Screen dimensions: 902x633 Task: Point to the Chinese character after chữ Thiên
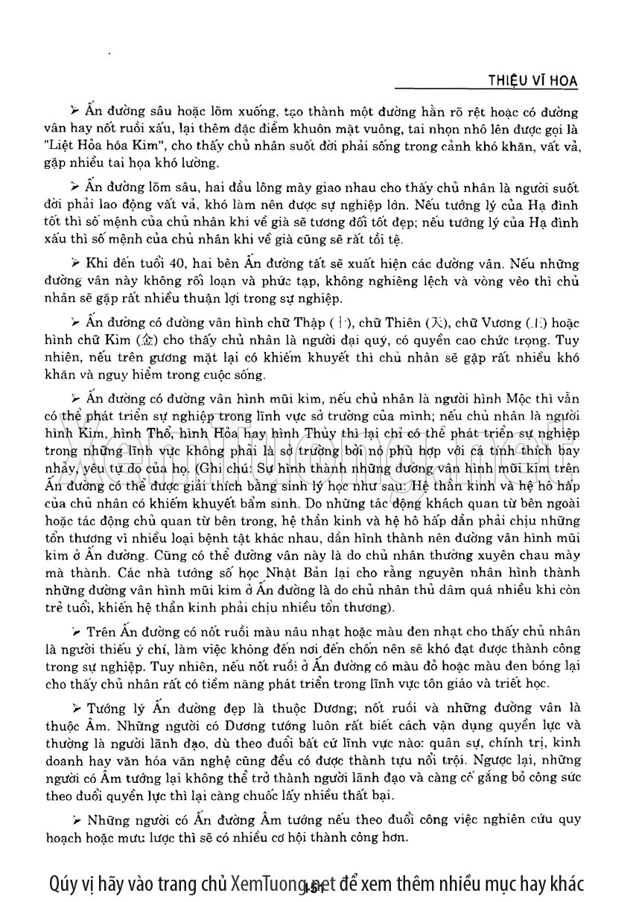coord(434,323)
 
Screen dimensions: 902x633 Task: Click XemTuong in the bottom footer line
coord(267,883)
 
